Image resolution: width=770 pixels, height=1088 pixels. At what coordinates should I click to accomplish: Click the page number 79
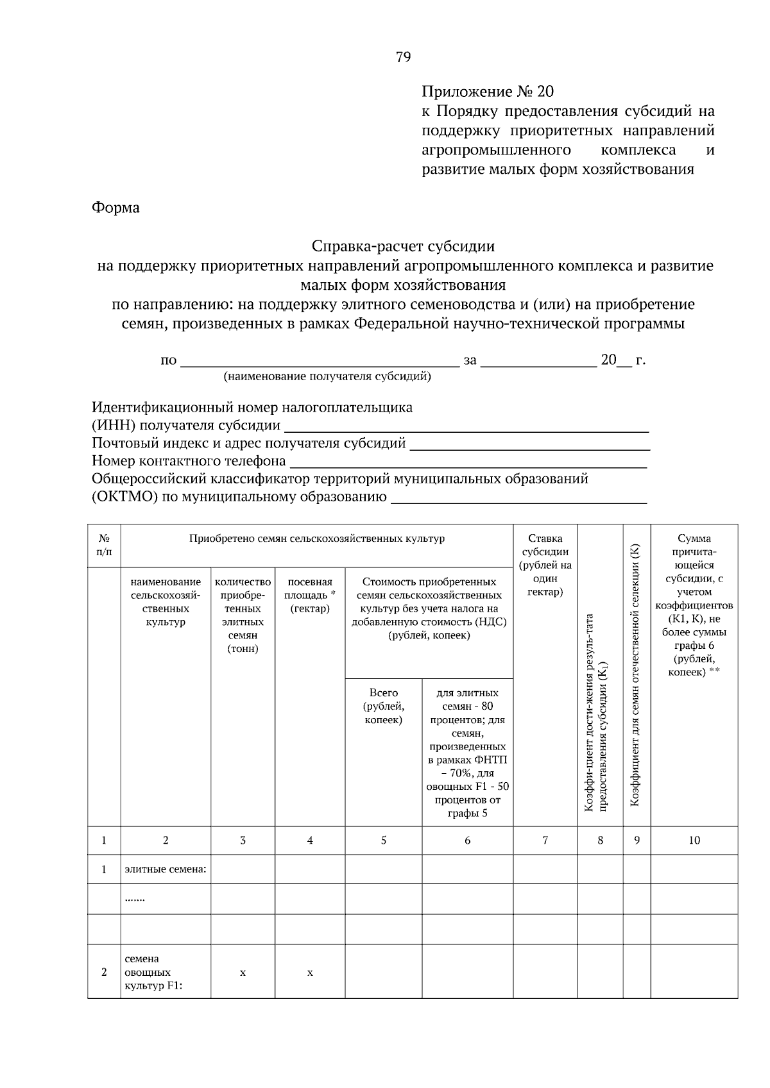[403, 57]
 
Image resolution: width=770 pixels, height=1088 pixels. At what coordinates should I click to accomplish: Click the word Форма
[116, 208]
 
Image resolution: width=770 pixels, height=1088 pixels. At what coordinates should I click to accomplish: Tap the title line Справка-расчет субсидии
[403, 246]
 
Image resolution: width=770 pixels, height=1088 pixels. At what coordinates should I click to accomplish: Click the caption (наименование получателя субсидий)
[327, 376]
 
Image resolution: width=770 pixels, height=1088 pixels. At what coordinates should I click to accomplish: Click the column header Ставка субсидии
[545, 565]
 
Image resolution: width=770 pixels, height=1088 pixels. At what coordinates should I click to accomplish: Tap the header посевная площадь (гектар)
[310, 595]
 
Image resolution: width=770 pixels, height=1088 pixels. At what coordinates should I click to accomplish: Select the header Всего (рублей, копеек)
[383, 706]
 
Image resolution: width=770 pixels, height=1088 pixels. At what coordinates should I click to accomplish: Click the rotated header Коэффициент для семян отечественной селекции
[636, 674]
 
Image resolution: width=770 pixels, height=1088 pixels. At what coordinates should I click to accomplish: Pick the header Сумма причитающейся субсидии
[694, 605]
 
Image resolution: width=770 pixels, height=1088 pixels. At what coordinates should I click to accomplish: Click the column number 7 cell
[545, 840]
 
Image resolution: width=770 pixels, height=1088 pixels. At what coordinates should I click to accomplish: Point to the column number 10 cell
[694, 840]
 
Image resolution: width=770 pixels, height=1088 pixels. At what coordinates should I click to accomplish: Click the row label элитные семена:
[165, 869]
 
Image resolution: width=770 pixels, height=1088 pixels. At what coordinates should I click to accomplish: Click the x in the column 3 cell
[243, 973]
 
